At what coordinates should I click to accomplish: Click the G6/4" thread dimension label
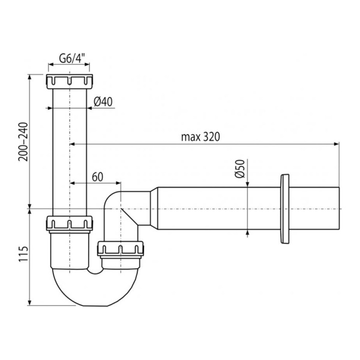pos(71,59)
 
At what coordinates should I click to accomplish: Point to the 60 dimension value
pos(98,176)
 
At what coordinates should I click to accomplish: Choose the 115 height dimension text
pos(22,255)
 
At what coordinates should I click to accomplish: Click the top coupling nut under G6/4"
pos(70,81)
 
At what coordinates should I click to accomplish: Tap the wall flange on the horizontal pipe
pos(284,208)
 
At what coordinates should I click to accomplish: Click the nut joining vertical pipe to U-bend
pos(70,224)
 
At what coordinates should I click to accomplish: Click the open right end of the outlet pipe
pos(339,208)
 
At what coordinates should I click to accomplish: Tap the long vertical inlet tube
pos(70,150)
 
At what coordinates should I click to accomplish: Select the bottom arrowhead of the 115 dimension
pos(30,303)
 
